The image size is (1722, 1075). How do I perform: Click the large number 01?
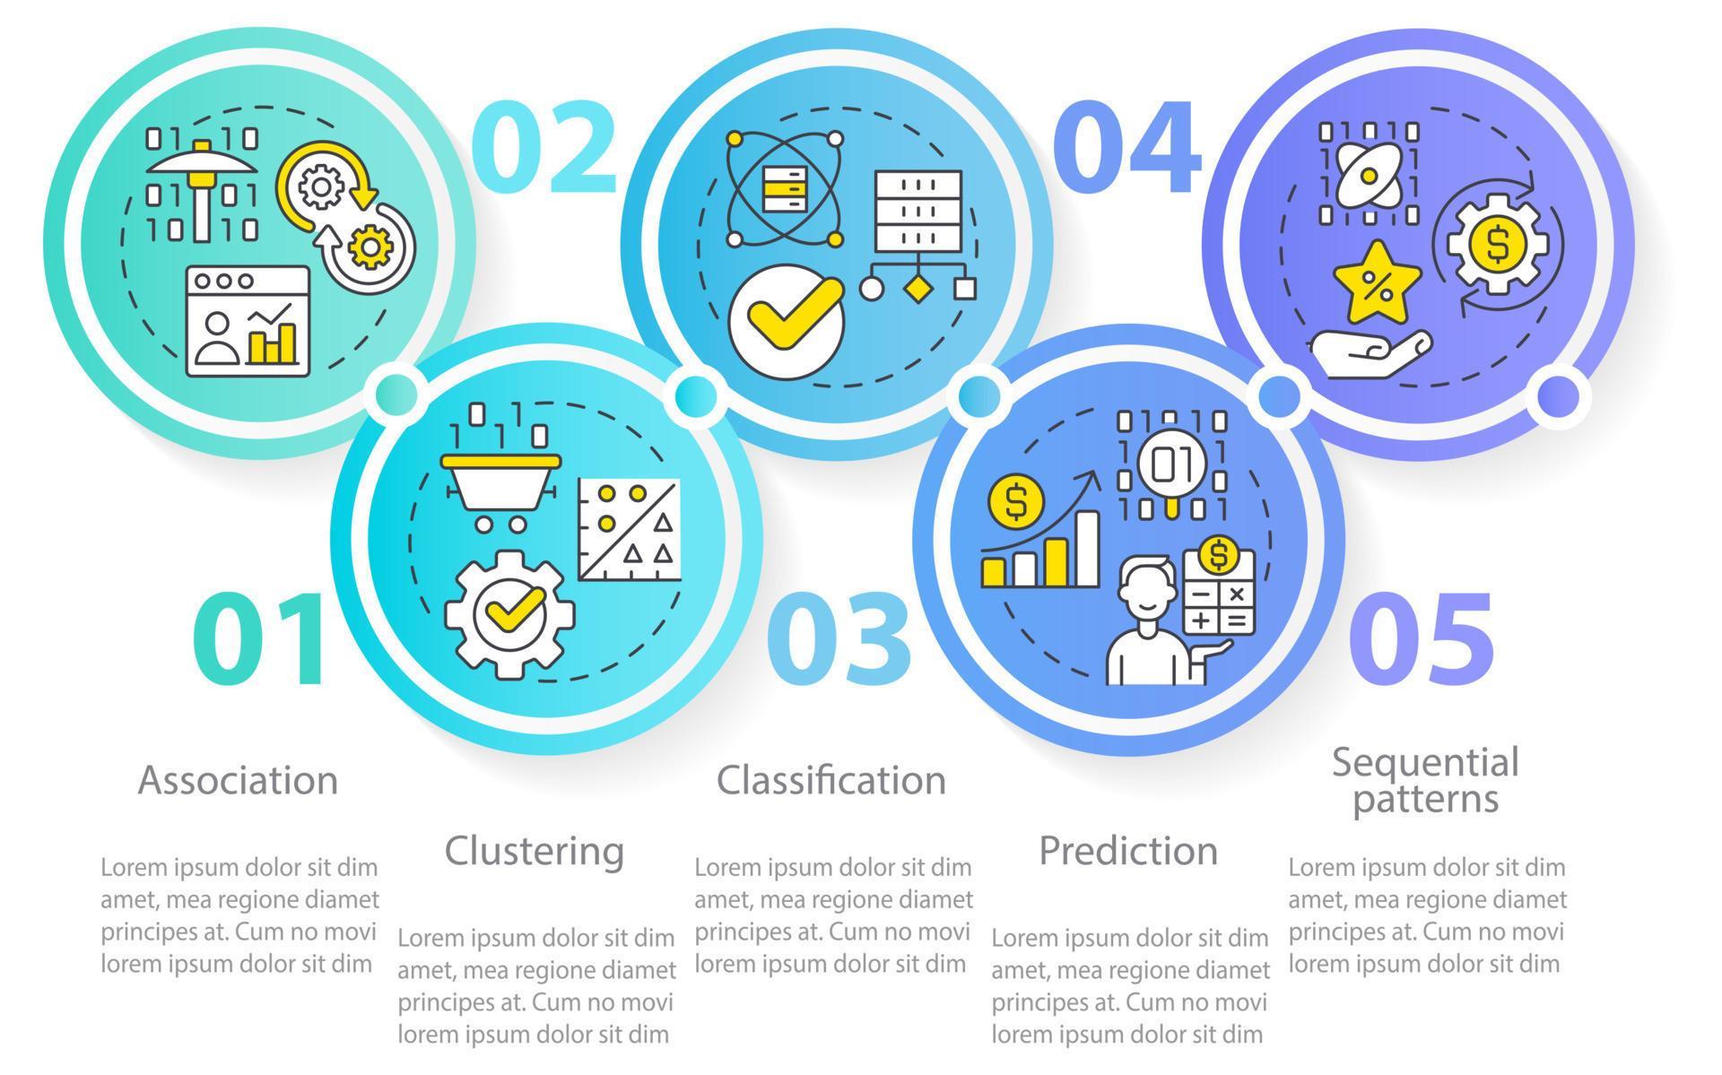(258, 641)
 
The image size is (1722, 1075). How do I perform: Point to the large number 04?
(1126, 146)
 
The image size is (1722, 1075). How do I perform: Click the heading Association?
(238, 780)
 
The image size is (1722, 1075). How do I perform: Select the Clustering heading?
(535, 851)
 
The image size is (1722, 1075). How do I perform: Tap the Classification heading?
(831, 780)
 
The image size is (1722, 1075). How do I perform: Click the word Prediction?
(1128, 850)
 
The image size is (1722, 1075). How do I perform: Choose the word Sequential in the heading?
(1425, 764)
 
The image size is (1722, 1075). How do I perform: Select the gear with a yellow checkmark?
(509, 615)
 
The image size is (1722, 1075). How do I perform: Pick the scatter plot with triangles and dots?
(629, 529)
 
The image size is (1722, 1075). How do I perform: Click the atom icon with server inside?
(785, 188)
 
